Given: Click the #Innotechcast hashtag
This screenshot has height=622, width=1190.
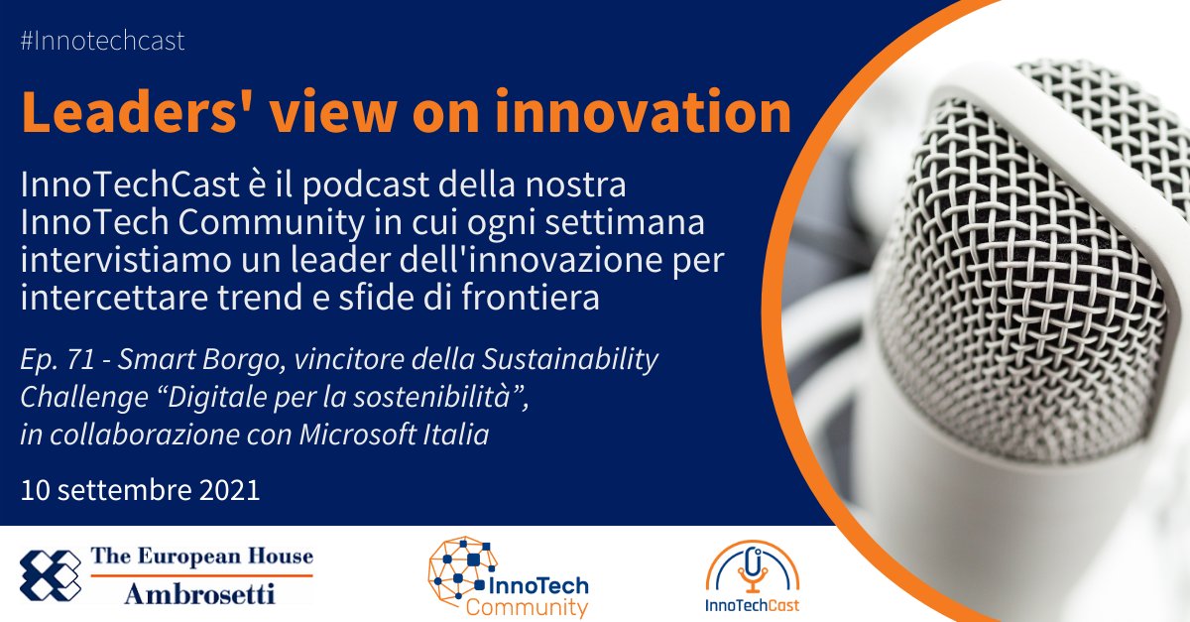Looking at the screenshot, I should [102, 42].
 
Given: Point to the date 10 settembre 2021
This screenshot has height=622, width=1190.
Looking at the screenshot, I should [140, 490].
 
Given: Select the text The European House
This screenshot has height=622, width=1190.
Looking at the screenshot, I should [202, 558].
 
